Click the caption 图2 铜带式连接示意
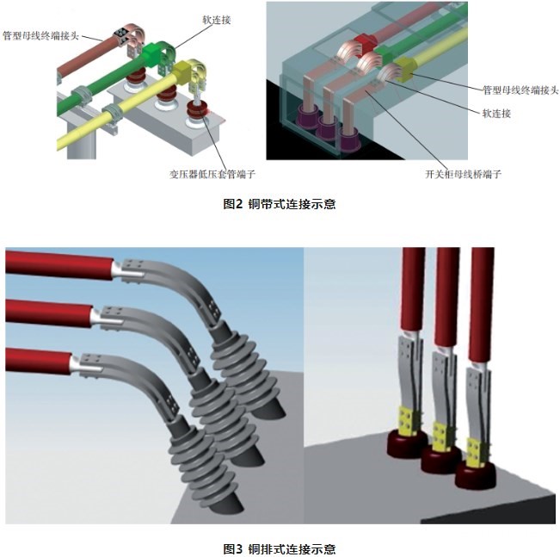pos(279,204)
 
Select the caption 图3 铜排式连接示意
pos(279,548)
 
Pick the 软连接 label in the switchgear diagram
pos(495,113)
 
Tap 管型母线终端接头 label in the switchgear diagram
pos(514,89)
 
